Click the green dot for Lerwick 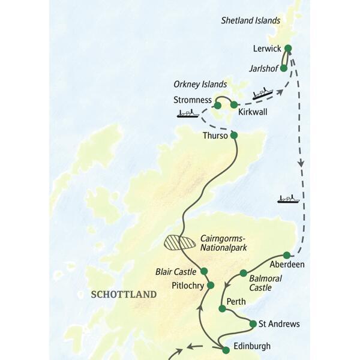click(287, 49)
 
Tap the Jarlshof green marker click(284, 68)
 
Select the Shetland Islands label click(251, 20)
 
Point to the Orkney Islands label click(200, 84)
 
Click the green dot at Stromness click(217, 106)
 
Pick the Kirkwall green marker click(234, 104)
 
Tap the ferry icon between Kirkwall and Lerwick click(262, 94)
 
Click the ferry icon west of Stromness click(188, 113)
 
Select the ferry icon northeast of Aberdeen click(288, 199)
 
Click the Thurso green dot click(234, 136)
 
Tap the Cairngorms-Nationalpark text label click(225, 242)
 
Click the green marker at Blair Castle click(204, 271)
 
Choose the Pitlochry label click(188, 285)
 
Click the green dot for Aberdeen click(287, 255)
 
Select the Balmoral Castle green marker click(243, 273)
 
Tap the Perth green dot click(222, 308)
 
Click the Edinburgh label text click(253, 346)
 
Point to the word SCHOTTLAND click(123, 295)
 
